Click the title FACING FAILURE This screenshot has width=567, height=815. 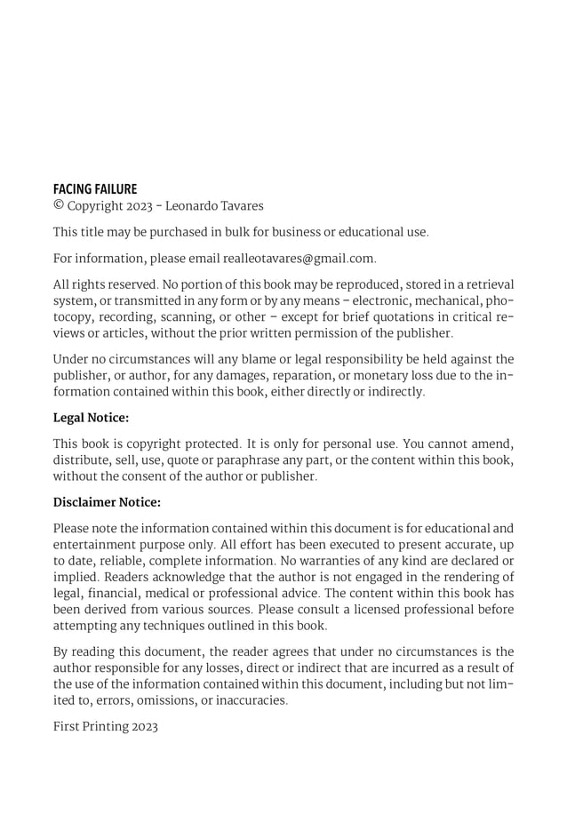(95, 189)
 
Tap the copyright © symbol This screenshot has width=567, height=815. (59, 206)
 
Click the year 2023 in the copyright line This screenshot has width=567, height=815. (139, 206)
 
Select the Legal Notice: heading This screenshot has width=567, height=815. (91, 417)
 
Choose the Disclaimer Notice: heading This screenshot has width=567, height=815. (107, 502)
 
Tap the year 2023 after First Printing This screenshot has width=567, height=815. (144, 726)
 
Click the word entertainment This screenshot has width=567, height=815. (94, 544)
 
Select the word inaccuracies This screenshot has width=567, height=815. (251, 700)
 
